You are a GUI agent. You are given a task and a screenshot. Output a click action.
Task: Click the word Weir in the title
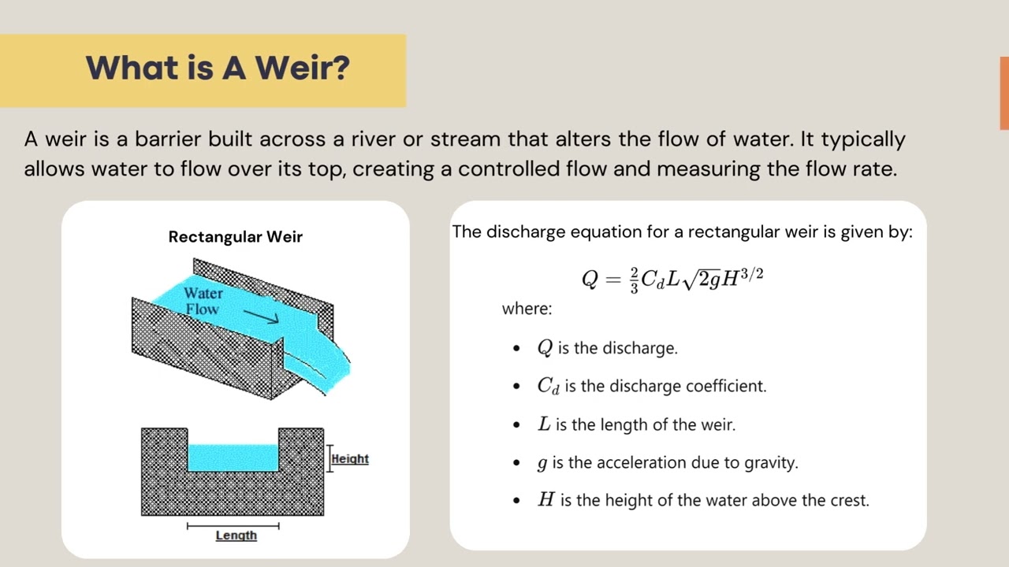[302, 69]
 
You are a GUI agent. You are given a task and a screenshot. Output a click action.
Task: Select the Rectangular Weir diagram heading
[235, 237]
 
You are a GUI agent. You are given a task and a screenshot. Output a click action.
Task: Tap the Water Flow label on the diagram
[203, 301]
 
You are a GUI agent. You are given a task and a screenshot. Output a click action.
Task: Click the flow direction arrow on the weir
[261, 316]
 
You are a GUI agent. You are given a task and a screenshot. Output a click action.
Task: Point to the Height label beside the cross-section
[350, 459]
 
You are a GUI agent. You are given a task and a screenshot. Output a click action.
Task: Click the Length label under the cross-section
[236, 535]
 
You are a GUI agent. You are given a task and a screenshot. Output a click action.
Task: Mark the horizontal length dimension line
[233, 525]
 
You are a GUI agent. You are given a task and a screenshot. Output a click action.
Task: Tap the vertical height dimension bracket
[330, 458]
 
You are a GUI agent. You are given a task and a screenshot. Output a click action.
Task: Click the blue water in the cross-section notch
[233, 458]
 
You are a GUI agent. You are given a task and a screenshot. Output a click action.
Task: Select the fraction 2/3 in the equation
[634, 280]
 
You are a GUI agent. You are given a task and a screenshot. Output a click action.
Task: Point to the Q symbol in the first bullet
[545, 347]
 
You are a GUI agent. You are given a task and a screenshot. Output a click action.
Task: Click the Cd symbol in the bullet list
[548, 386]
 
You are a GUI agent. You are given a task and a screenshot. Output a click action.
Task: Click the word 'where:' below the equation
[527, 309]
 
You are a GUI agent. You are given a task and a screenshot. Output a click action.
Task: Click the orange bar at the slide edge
[1004, 93]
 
